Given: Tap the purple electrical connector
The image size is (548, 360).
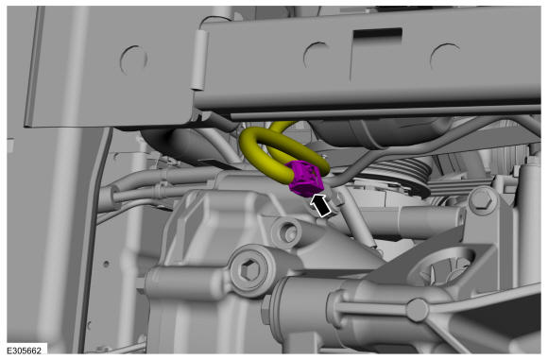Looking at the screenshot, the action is [306, 179].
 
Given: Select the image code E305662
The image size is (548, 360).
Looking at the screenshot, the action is [24, 351].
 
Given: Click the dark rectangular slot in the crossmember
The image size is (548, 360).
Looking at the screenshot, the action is [377, 34].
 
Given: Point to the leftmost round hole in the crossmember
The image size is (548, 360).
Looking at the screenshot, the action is [133, 60].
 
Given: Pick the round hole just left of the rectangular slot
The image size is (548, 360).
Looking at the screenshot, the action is [317, 56].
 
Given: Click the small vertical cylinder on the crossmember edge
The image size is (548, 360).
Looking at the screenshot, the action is [198, 60].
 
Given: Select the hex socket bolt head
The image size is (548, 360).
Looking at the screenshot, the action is [248, 270].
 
